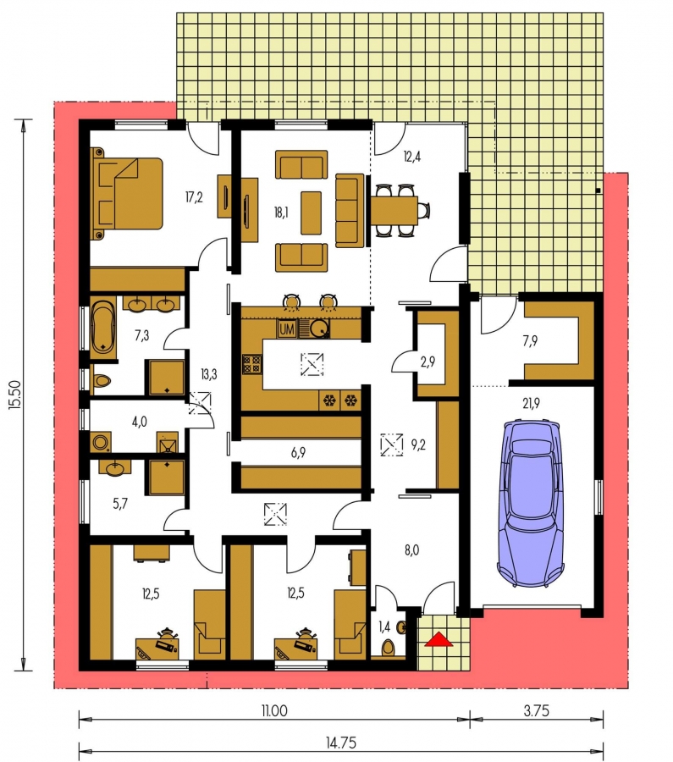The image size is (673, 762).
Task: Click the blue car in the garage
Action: tap(531, 504)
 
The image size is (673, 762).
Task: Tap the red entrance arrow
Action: tap(439, 639)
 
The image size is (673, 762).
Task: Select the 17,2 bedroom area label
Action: tap(194, 197)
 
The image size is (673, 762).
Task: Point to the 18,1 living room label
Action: tap(281, 213)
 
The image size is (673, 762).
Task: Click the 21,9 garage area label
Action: tap(531, 403)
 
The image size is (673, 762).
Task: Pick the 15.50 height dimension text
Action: tap(14, 394)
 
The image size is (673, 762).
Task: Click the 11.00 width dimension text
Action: tap(274, 711)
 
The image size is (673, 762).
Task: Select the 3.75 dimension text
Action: tap(537, 711)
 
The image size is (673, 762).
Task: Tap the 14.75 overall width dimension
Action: tap(341, 743)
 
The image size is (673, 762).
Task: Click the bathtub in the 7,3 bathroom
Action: tap(103, 327)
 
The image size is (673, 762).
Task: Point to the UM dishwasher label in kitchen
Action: tap(287, 329)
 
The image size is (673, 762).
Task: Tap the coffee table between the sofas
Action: tap(311, 213)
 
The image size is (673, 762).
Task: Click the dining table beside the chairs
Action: tap(394, 210)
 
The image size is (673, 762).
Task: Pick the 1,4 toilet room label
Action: tap(384, 627)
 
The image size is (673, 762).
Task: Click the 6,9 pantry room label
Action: tap(298, 453)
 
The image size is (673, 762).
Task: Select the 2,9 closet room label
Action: tap(428, 362)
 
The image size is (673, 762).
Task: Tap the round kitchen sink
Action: tap(320, 329)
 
